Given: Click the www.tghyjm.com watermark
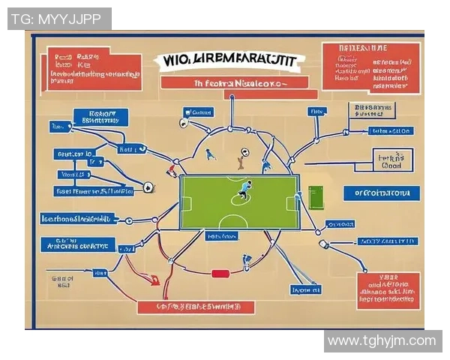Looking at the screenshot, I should [382, 340].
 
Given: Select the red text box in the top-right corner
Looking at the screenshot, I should [370, 67].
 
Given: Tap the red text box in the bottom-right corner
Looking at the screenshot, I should [388, 290].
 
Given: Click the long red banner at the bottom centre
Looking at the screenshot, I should [196, 307].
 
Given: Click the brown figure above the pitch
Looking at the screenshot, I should [241, 158].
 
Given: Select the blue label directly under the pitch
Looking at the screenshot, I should [223, 236].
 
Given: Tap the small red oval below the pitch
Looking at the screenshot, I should [220, 274].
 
